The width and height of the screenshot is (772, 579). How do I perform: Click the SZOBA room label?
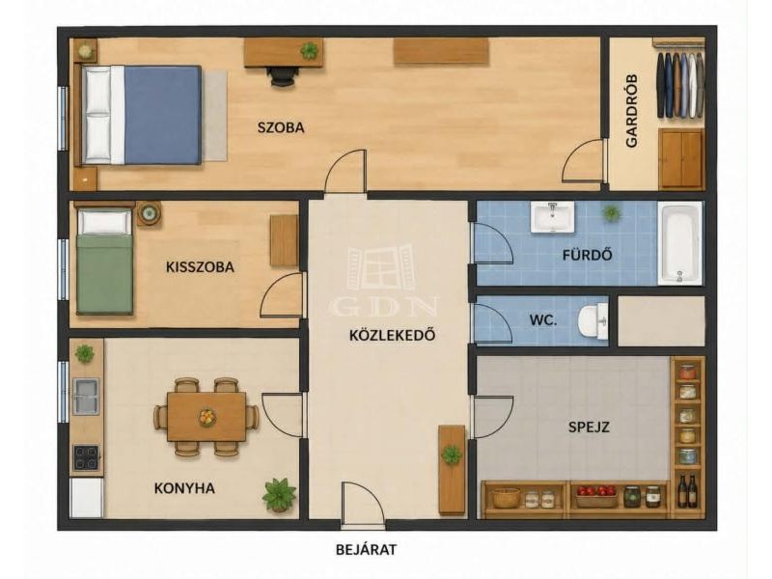tap(281, 127)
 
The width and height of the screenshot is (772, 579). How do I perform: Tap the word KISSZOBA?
tap(200, 267)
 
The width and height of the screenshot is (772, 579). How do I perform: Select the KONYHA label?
tap(184, 488)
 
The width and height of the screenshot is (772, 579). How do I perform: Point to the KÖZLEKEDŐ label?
tap(393, 335)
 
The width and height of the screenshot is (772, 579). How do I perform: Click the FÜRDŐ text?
tap(588, 255)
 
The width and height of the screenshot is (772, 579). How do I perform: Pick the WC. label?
tap(543, 320)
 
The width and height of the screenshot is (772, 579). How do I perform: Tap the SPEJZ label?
tap(589, 427)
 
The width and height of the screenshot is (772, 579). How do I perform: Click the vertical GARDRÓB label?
tap(632, 111)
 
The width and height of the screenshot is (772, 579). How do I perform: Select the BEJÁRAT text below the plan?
tap(367, 549)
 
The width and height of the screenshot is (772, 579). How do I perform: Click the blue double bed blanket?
tap(162, 115)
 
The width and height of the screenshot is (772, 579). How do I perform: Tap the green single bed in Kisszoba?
tap(105, 262)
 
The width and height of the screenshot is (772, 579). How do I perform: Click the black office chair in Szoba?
tap(283, 76)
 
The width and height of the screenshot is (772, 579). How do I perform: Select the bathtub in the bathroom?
tap(680, 243)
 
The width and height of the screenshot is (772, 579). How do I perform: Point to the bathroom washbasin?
tap(552, 216)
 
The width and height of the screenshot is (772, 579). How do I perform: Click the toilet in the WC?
tap(593, 321)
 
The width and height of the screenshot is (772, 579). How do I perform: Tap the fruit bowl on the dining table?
tap(207, 418)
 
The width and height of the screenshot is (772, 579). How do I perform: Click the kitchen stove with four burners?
tap(86, 457)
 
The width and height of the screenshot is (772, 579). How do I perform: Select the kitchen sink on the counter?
tap(86, 397)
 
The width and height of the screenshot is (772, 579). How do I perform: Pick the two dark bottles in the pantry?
tap(687, 491)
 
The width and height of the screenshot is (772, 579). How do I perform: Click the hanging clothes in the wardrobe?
tap(680, 85)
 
